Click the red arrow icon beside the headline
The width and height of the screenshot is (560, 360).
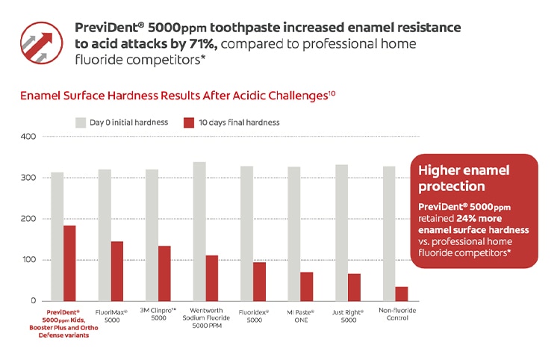(x=42, y=44)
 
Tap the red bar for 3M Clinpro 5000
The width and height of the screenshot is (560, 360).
(x=164, y=273)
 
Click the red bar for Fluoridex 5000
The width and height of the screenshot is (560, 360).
(x=259, y=282)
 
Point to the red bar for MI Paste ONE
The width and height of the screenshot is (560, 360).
(x=307, y=286)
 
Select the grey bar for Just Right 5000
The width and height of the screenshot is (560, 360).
(x=342, y=232)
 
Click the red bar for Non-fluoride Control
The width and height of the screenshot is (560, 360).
(x=402, y=294)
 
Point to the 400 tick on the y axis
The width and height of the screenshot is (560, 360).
(x=28, y=137)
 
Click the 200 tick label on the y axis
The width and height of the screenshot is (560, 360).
(x=28, y=219)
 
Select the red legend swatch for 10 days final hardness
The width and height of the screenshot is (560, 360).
(x=189, y=122)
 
